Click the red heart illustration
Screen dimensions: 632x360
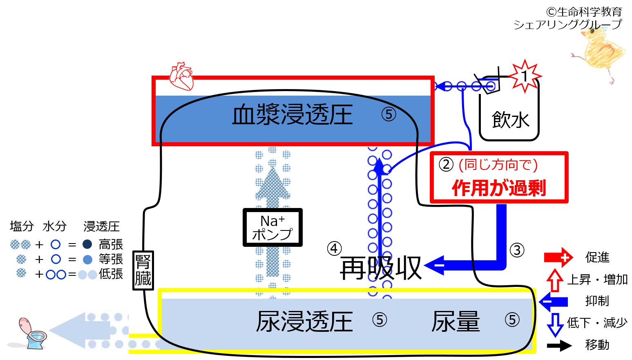tap(182, 76)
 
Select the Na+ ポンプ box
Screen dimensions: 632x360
tap(272, 227)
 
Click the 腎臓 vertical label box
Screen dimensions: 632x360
tap(143, 270)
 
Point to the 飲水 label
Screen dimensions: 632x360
tap(510, 120)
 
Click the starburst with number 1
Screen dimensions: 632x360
tap(525, 76)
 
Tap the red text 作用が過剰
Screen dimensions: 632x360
tap(499, 188)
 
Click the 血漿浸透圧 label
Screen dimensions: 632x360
tap(292, 114)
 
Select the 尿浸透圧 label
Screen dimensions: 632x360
tap(304, 321)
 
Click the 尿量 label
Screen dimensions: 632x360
tap(456, 321)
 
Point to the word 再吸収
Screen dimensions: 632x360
tap(380, 268)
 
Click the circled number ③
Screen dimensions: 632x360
tap(517, 250)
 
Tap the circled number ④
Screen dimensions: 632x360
tap(334, 248)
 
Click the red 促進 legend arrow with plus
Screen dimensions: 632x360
tap(558, 257)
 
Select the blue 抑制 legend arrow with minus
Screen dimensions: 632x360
tap(553, 302)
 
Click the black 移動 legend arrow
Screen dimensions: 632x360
tap(559, 346)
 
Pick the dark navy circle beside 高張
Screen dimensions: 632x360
tap(87, 244)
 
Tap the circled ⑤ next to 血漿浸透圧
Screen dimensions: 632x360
tap(389, 114)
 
